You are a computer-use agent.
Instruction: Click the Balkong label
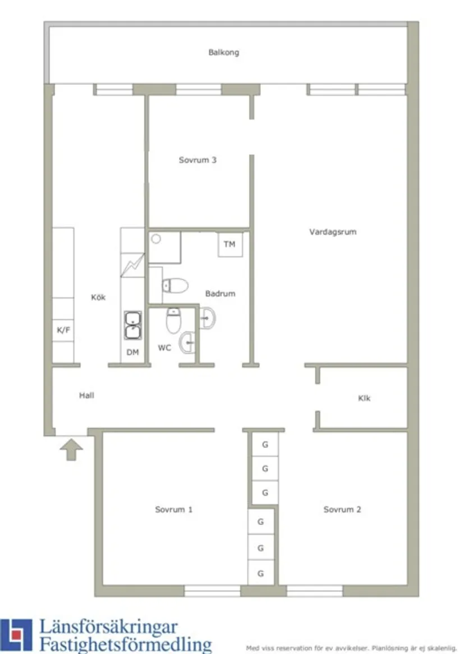click(223, 52)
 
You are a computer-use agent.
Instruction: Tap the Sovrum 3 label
click(198, 160)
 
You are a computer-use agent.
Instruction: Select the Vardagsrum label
click(332, 232)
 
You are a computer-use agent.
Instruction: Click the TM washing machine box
click(230, 245)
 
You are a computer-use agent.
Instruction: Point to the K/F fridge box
click(63, 330)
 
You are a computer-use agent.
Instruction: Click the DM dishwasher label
click(132, 352)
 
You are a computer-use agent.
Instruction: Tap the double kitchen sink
click(133, 326)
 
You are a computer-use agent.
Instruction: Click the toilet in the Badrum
click(175, 285)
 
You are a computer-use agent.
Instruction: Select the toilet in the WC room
click(173, 320)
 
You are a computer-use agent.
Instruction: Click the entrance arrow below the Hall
click(71, 449)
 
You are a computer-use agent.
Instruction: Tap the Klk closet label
click(364, 398)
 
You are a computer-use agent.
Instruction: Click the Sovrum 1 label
click(174, 509)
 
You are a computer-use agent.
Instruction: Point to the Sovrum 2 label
click(342, 509)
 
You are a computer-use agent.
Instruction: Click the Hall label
click(86, 395)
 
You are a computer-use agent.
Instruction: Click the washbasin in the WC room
click(187, 342)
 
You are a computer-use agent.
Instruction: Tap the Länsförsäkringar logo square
click(16, 635)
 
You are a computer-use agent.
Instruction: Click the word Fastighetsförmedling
click(125, 644)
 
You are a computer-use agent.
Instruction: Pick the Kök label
click(98, 297)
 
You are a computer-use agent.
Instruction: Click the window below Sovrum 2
click(314, 591)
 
